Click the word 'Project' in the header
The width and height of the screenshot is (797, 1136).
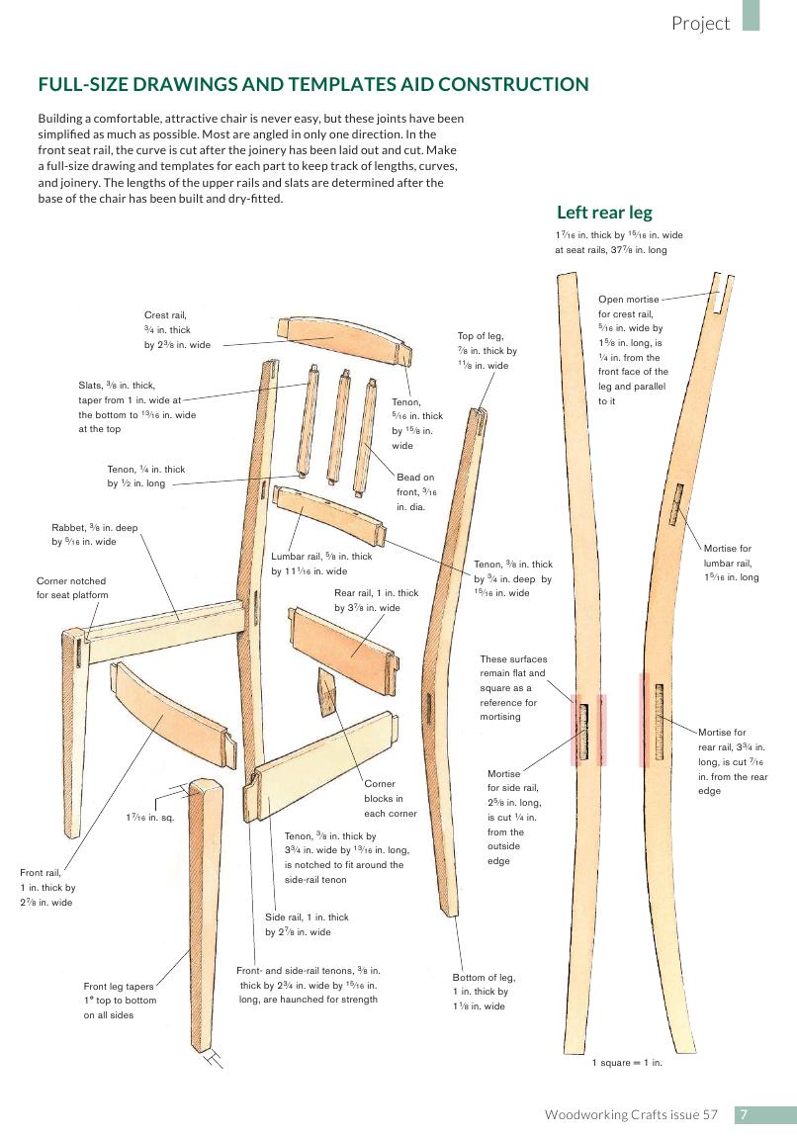coord(700,24)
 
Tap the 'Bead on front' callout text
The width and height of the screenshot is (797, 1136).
coord(415,491)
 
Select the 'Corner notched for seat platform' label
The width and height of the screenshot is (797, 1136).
coord(71,587)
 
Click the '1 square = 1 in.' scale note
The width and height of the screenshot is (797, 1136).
coord(626,1063)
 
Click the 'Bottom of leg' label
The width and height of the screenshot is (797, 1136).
coord(484,991)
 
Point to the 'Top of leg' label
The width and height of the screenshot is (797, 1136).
coord(487,350)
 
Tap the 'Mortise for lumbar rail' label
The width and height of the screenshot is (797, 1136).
coord(731,563)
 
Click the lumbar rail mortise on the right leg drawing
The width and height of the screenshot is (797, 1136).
coord(677,504)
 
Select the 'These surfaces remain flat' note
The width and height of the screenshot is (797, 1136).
coord(512,687)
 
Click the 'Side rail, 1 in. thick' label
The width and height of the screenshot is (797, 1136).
coord(307,924)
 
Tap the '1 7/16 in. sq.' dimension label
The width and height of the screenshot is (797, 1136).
coord(149,818)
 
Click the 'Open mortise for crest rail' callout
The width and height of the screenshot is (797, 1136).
coord(632,350)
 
